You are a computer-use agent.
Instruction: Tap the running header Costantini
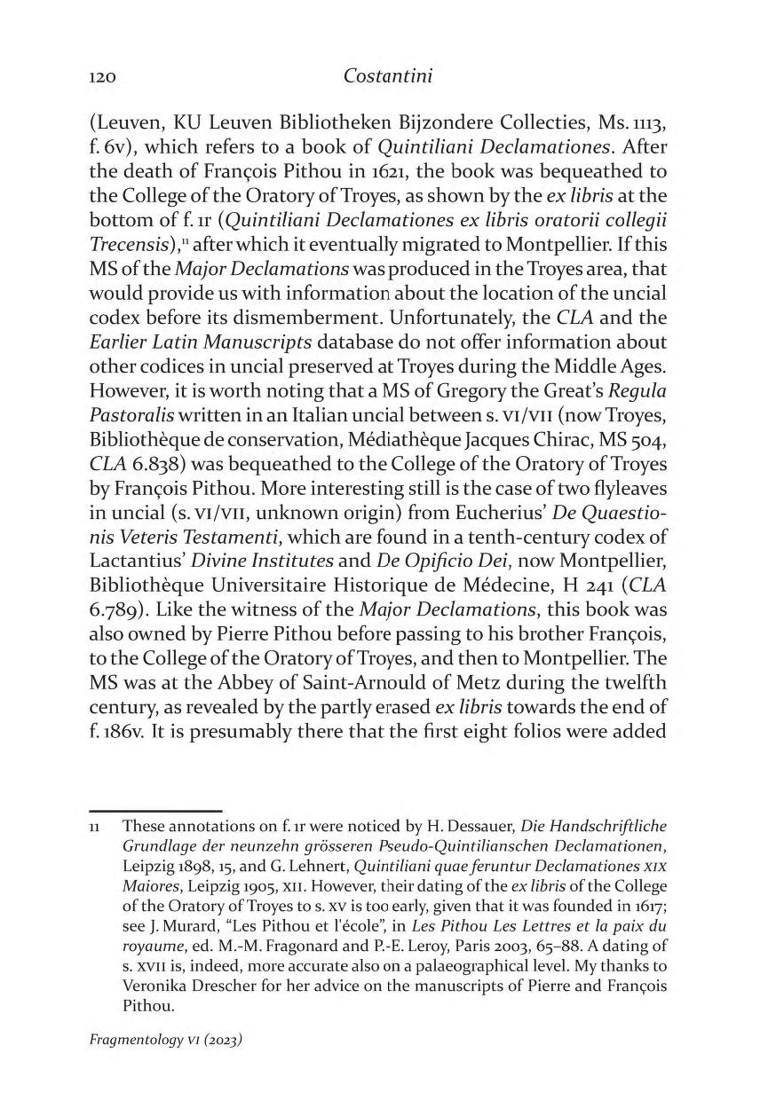[x=387, y=76]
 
